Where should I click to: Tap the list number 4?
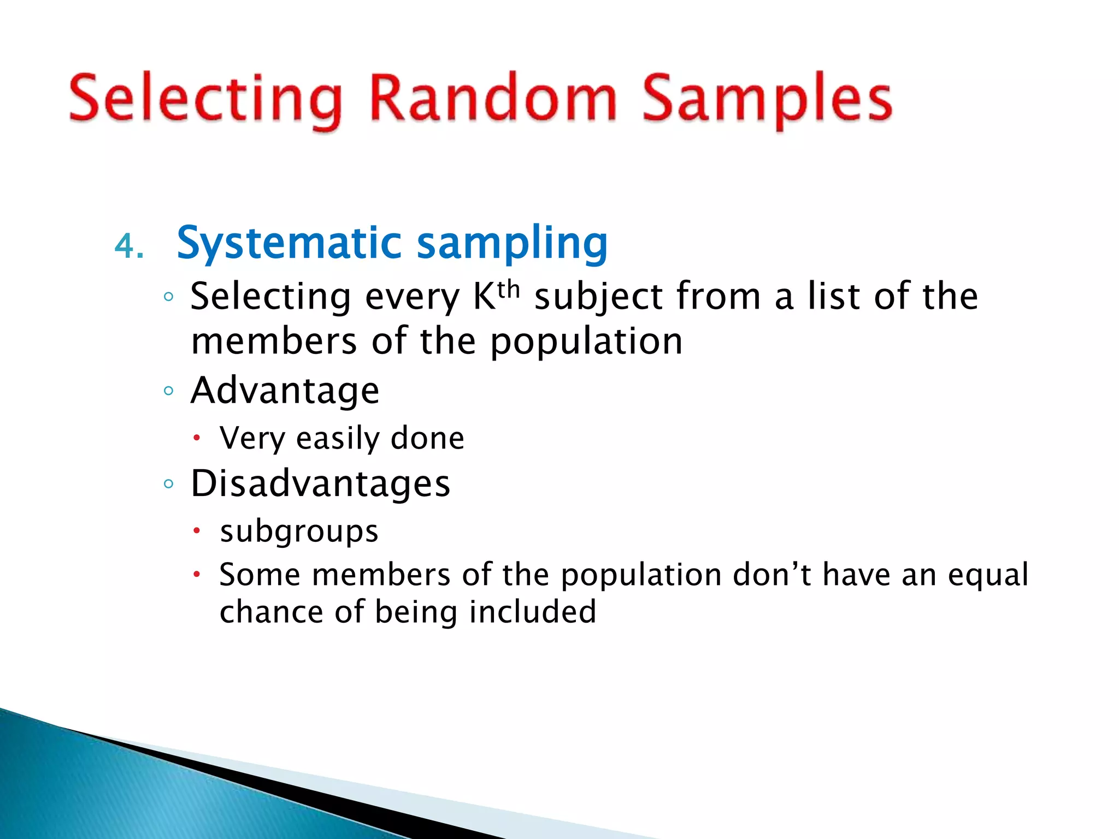[129, 246]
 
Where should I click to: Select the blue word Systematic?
[290, 243]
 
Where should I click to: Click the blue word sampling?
[512, 243]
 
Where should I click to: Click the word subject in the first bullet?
[598, 298]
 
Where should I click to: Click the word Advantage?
[285, 391]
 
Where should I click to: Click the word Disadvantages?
[320, 485]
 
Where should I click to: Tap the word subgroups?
[299, 531]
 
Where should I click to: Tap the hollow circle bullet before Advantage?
[168, 391]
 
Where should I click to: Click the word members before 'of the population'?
[274, 341]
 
